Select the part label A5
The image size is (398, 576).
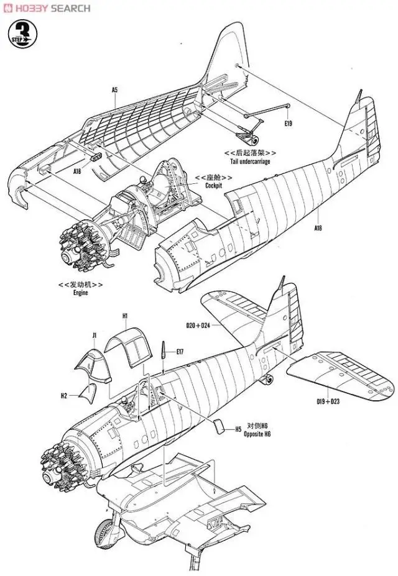pos(114,91)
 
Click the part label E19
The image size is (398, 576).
pos(287,124)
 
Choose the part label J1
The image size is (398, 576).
pos(94,336)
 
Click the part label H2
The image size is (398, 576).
pos(63,395)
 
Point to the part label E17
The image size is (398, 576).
pos(180,352)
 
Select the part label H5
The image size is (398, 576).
pos(238,429)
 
